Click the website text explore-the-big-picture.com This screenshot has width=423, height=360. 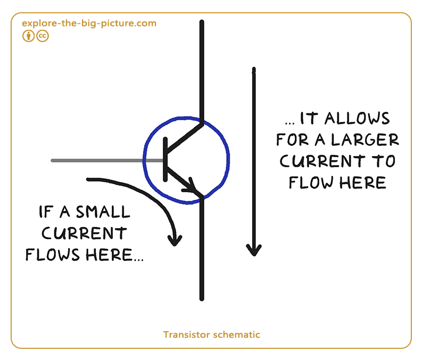pos(89,23)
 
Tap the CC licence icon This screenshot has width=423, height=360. pos(43,36)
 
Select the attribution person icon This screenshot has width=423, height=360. pos(28,36)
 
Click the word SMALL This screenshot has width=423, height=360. pos(103,212)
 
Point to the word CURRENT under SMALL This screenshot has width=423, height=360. pos(84,233)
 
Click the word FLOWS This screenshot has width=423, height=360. pos(53,255)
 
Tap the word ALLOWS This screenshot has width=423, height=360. pos(357,118)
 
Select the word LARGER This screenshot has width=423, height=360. pos(364,140)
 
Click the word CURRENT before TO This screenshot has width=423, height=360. pos(322,161)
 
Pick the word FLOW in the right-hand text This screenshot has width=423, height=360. pos(311,183)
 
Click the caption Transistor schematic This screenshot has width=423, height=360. pos(212,334)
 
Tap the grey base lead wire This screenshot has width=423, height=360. pos(107,160)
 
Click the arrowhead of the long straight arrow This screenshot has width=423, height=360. pos(254,250)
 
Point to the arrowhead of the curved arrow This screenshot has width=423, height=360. pos(175,240)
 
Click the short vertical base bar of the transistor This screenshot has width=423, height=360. pos(165,159)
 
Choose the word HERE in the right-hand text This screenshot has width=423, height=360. pos(362,183)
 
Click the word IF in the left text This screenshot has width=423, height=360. pos(46,212)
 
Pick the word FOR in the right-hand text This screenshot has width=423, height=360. pos(292,140)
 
